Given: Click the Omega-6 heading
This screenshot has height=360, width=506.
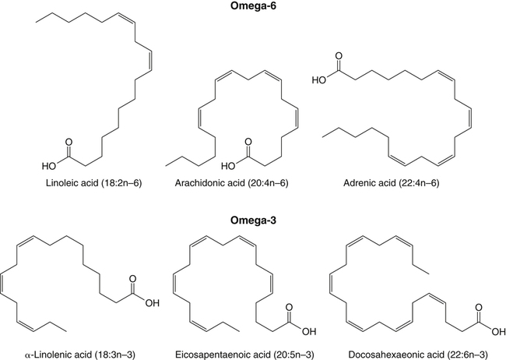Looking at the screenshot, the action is pos(253,6).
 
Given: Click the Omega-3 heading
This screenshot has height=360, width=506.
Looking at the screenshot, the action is pos(253,221).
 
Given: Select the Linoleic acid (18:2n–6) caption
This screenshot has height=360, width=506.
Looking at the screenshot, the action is pos(94,183).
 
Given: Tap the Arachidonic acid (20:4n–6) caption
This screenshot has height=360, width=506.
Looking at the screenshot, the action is pos(232,183).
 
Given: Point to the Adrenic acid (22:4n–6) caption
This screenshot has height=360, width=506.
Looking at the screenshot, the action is pos(391,183).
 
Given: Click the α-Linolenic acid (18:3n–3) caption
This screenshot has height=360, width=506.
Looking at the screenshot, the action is pos(80,355).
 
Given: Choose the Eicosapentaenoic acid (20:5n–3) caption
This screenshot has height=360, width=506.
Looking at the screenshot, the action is pos(244,355).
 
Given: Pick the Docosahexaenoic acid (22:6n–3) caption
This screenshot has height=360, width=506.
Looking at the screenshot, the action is pos(418,355).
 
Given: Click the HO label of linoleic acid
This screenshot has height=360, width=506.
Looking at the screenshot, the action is pos(49,167).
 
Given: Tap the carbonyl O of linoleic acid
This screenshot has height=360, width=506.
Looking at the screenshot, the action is pos(69,142).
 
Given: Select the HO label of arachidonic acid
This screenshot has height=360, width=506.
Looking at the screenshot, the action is pos(228,167).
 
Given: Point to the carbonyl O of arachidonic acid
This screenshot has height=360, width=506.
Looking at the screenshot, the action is pos(248,142).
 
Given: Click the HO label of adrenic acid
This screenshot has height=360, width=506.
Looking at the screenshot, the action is pos(319,79).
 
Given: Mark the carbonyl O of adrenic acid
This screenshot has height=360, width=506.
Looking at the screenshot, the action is pos(339,55).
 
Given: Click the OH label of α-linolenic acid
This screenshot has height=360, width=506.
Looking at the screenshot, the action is pos(153,303).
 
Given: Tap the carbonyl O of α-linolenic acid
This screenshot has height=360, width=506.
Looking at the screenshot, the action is pos(132,279).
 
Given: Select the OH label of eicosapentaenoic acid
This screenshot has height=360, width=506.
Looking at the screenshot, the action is pos(309,332).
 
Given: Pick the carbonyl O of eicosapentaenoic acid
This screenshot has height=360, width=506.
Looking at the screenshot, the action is pos(289,307).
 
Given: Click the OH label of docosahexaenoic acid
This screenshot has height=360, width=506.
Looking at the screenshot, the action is pos(498,332).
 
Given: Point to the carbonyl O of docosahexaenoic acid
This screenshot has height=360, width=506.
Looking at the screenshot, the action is pos(479,307).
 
